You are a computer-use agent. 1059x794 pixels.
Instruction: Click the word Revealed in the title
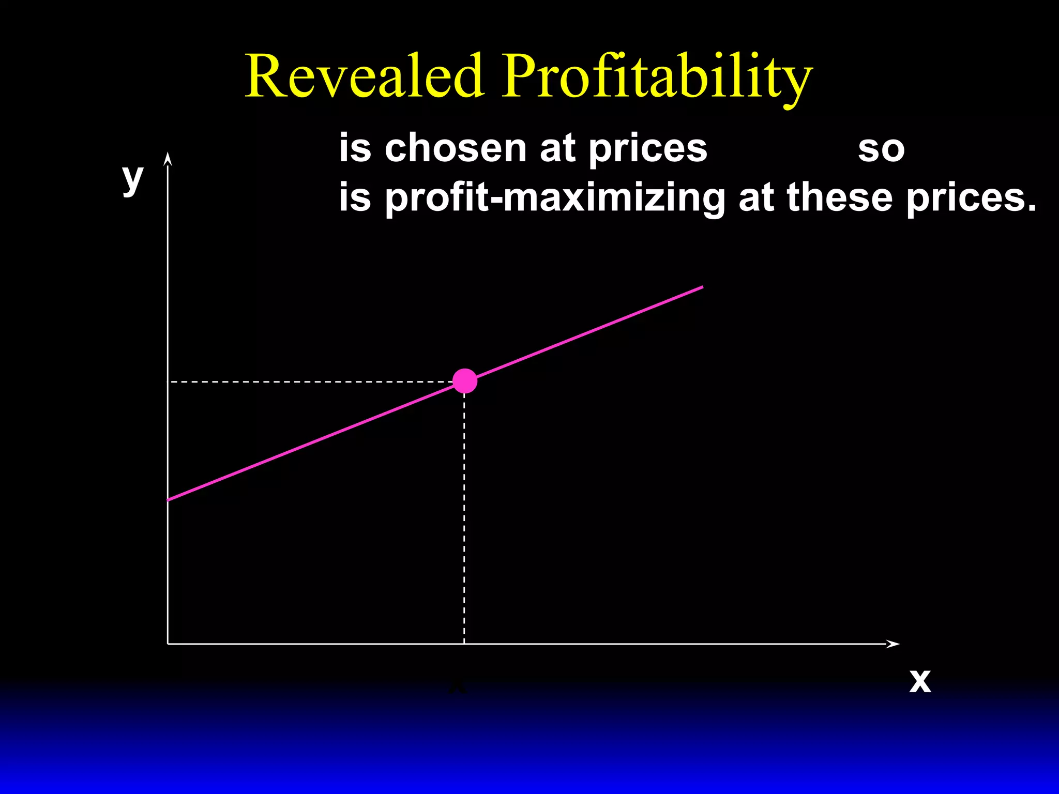coord(364,77)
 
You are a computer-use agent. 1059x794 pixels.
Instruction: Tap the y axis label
coord(132,178)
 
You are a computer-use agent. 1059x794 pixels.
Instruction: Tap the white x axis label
coord(920,681)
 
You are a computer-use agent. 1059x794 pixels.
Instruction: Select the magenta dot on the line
coord(465,381)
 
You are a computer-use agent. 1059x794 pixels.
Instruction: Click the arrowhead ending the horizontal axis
coord(894,644)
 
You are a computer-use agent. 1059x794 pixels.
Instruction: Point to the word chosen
coord(455,148)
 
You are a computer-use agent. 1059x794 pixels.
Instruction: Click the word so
coord(881,149)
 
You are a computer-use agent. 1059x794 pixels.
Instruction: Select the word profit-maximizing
coord(555,198)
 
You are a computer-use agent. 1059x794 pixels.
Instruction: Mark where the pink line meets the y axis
coord(168,500)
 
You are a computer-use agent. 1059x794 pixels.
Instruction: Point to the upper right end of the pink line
coord(702,287)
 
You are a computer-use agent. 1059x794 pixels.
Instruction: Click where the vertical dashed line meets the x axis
coord(464,644)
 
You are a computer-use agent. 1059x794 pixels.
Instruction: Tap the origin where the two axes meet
coord(168,644)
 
